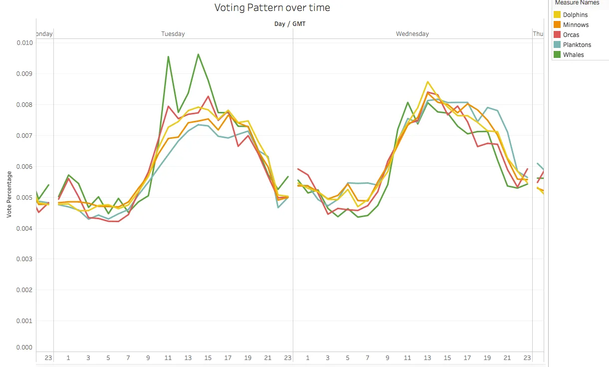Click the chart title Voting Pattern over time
coord(272,7)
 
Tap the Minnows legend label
coord(576,25)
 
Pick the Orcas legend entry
coord(571,35)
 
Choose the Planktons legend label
coord(577,45)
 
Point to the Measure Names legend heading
coord(577,3)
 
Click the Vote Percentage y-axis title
coord(9,195)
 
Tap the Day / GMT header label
coord(290,23)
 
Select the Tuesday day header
coord(173,34)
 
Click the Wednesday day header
coord(412,34)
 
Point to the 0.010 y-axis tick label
coord(24,43)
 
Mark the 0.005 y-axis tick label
coord(24,198)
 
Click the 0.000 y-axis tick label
coord(24,348)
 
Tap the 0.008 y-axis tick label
coord(24,105)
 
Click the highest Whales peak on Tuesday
coord(198,54)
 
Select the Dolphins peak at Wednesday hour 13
coord(427,81)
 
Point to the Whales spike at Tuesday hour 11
coord(168,56)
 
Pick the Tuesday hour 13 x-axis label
coord(188,358)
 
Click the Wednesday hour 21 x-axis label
coord(507,358)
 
